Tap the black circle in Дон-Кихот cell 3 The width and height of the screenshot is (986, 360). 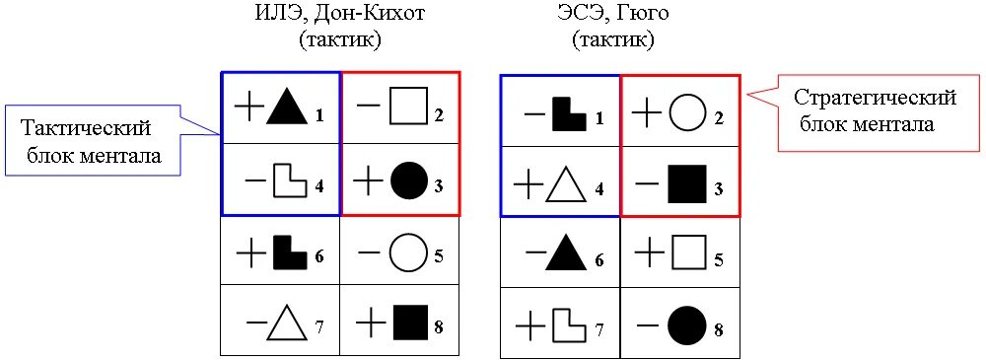tap(408, 180)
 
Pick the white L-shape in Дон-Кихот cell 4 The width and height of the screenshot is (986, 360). tap(289, 181)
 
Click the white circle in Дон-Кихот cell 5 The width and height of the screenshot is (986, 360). tap(407, 253)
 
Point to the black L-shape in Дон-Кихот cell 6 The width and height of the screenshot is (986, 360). tap(289, 252)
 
